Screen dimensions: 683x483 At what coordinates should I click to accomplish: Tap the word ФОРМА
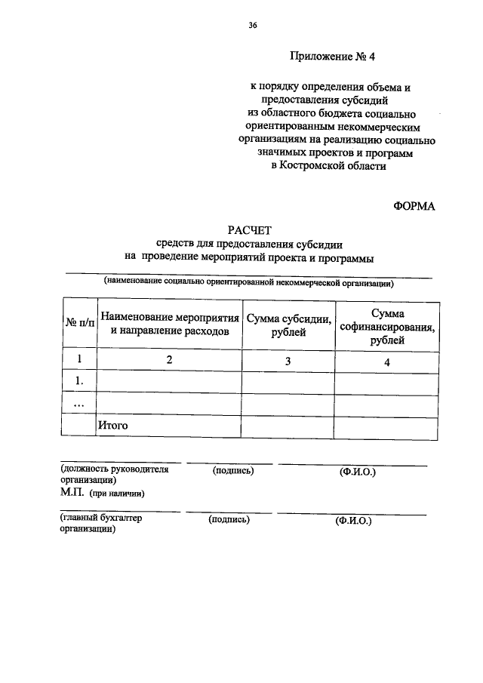tap(414, 207)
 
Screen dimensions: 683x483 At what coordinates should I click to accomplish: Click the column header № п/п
tap(79, 323)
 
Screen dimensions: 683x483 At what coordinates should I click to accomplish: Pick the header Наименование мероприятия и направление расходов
tap(170, 323)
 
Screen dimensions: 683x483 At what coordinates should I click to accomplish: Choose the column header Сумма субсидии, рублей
tap(288, 323)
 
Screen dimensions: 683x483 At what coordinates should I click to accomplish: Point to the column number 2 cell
tap(170, 361)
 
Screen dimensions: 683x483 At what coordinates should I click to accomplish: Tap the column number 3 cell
tap(288, 361)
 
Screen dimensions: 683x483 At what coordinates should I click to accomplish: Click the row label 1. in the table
tap(78, 383)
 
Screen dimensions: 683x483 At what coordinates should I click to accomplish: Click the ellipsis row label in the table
tap(78, 405)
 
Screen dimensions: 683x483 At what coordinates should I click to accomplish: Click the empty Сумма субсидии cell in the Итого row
tap(288, 426)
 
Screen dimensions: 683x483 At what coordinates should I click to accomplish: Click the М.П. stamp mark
tap(74, 493)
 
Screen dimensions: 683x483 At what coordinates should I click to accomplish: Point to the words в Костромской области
tap(328, 166)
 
